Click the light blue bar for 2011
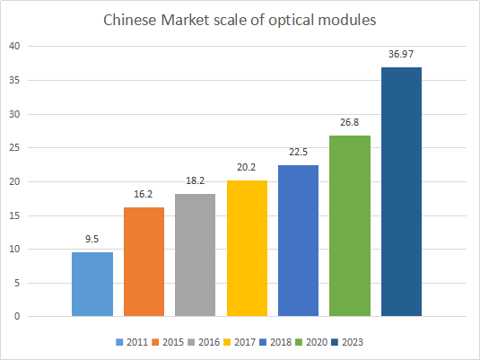click(x=92, y=284)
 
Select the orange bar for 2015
click(x=144, y=261)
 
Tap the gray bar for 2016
click(x=195, y=255)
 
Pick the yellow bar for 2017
click(x=247, y=248)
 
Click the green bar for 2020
click(x=350, y=226)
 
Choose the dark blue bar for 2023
click(x=401, y=191)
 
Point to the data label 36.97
click(x=401, y=54)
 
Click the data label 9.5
click(x=92, y=239)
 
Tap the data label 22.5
click(x=299, y=152)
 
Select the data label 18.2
click(x=196, y=180)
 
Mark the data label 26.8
click(x=350, y=123)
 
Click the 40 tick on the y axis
click(x=14, y=47)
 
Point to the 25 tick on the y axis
click(x=14, y=147)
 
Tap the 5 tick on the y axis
click(x=17, y=283)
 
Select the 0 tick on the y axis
click(x=17, y=316)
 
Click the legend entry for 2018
click(x=275, y=342)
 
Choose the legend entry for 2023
click(x=347, y=342)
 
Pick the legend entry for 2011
click(x=132, y=342)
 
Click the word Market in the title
click(x=185, y=21)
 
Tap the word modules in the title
click(x=347, y=21)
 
